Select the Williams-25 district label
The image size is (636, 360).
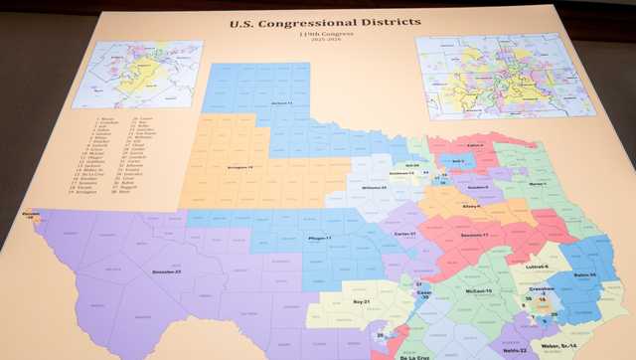click(374, 187)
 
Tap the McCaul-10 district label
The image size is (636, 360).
click(475, 290)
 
